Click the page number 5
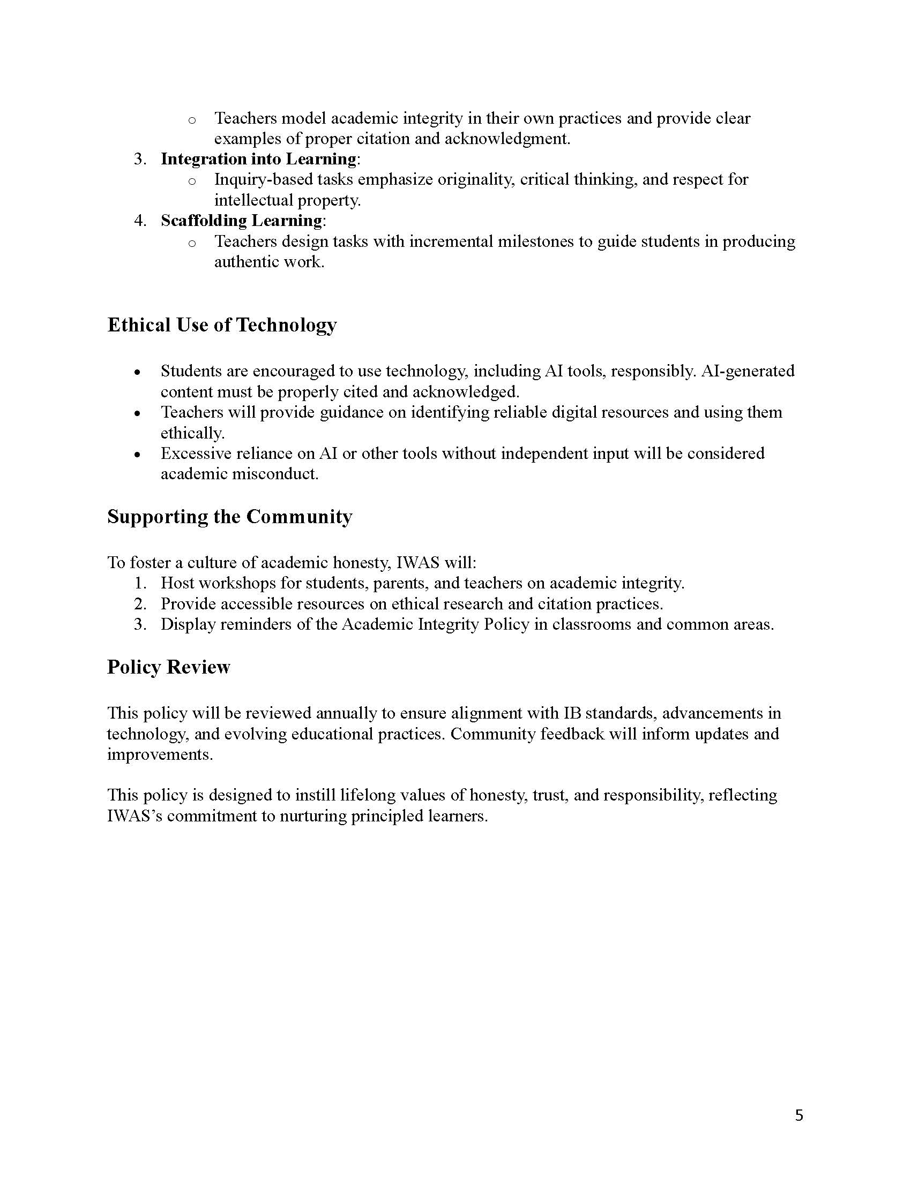point(799,1115)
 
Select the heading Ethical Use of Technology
point(222,324)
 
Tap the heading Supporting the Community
point(229,516)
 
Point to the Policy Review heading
point(168,667)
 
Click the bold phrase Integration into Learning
point(258,159)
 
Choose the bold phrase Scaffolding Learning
point(241,221)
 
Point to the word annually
point(347,713)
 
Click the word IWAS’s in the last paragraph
point(135,815)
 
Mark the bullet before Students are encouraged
point(138,372)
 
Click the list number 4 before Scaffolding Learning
point(139,221)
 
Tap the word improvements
point(160,754)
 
